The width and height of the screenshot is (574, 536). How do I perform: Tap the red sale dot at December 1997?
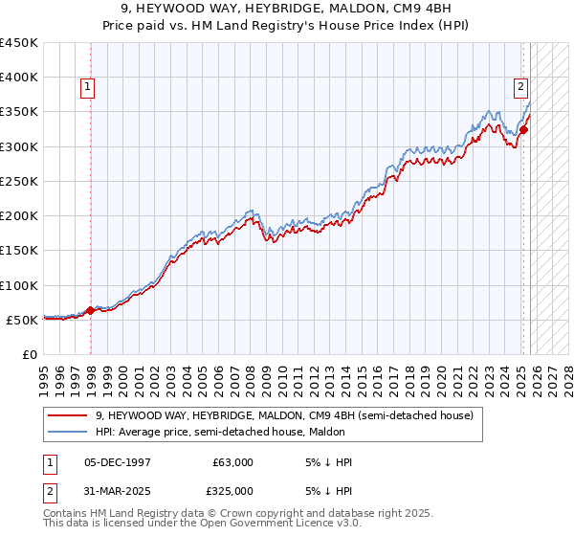(91, 310)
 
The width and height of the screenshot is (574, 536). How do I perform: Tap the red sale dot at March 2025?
(523, 129)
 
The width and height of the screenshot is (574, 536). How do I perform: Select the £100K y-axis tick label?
(19, 285)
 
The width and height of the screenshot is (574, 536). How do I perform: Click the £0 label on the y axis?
(30, 354)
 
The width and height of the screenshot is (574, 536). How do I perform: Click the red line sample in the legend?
(67, 415)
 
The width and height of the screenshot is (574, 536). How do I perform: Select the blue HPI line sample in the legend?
(67, 432)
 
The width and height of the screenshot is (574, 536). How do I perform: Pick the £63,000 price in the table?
(232, 462)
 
